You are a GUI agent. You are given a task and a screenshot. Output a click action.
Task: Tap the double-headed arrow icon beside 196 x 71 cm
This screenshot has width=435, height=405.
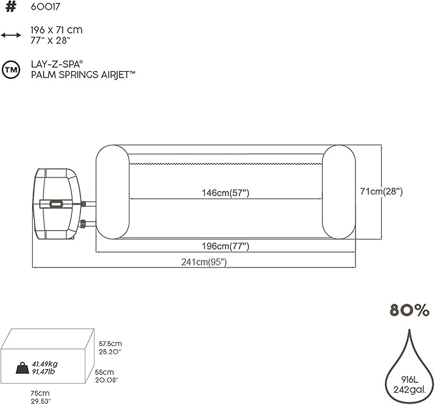(10, 35)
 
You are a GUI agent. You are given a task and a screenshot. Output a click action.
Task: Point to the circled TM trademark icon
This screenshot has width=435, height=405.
(10, 69)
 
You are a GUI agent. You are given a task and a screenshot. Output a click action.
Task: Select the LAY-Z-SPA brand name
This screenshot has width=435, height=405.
(57, 65)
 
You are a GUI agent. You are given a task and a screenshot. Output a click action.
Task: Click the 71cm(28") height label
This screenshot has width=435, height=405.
(381, 192)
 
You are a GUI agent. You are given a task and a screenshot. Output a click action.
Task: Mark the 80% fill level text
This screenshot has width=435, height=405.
(409, 311)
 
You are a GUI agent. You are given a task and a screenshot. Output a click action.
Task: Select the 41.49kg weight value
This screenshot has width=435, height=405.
(45, 363)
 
